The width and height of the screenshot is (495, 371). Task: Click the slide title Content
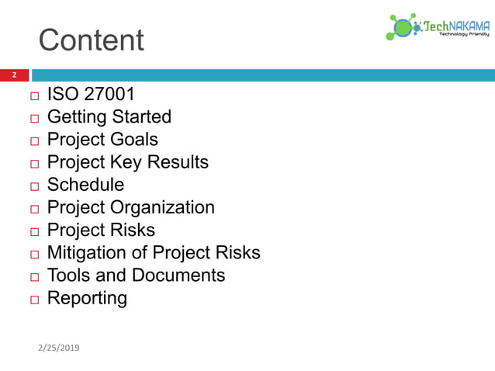click(x=91, y=40)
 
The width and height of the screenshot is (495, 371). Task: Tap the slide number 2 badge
click(x=13, y=75)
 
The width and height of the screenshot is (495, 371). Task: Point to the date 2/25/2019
click(x=58, y=347)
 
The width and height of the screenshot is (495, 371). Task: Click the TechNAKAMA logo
click(x=438, y=26)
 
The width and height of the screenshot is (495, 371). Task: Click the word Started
click(x=140, y=117)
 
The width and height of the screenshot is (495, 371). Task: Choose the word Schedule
click(x=85, y=185)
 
